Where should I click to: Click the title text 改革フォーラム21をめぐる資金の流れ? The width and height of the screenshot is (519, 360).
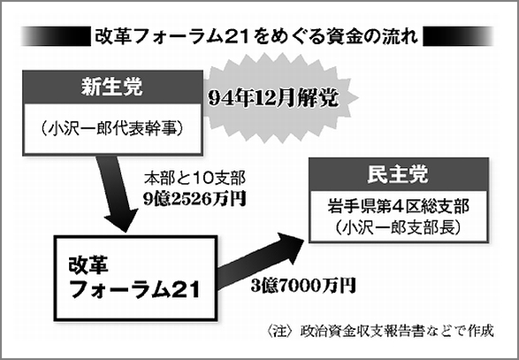tap(256, 36)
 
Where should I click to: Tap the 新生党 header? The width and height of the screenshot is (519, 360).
tap(112, 88)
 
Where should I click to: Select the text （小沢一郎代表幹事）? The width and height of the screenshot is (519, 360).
tap(112, 128)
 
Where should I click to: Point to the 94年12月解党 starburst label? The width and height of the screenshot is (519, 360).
tap(273, 98)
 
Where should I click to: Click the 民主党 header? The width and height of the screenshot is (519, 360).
tap(399, 174)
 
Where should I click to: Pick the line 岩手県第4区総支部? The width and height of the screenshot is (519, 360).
tap(399, 207)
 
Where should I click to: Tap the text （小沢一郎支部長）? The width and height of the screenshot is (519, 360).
tap(399, 228)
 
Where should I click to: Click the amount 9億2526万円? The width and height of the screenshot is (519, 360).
tap(195, 199)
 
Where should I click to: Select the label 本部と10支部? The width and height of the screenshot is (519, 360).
tap(195, 179)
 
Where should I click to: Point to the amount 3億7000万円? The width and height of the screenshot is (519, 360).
tap(303, 285)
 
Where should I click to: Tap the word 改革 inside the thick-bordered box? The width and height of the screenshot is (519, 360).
tap(88, 265)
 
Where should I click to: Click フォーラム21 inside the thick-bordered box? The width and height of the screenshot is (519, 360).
tap(135, 289)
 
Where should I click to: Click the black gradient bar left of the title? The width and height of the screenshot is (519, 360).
tap(56, 36)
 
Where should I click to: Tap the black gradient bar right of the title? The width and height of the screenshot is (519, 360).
tap(458, 36)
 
